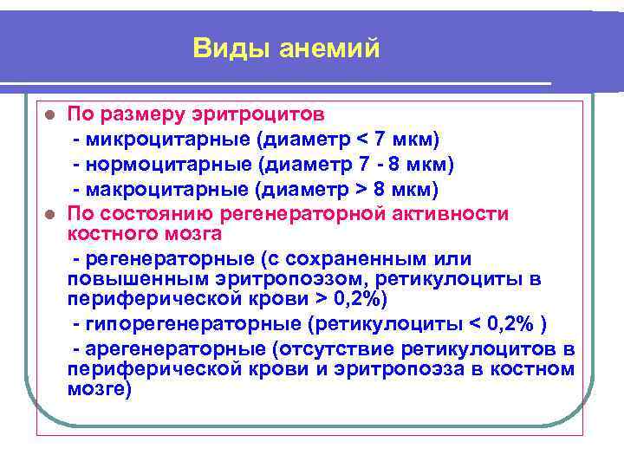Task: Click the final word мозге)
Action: click(99, 389)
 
